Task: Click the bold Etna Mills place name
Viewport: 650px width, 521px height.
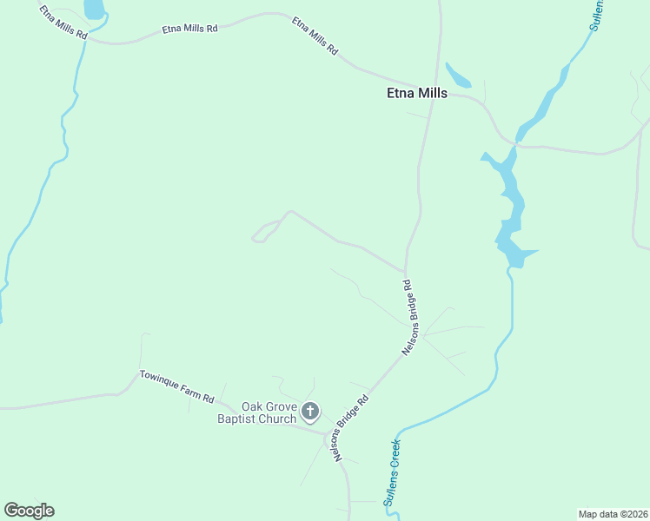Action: (x=416, y=94)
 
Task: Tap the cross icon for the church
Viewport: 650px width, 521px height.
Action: (x=311, y=411)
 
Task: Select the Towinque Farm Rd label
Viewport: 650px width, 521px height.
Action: (x=176, y=387)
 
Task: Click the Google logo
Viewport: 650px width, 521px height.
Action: (x=29, y=511)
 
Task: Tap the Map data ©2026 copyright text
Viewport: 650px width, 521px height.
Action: (x=613, y=514)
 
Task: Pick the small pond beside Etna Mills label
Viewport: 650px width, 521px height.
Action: (x=457, y=76)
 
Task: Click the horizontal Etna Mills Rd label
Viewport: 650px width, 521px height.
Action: (x=189, y=29)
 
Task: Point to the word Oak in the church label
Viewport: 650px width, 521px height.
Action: (x=252, y=406)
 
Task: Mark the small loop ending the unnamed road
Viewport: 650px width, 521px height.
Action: (x=258, y=235)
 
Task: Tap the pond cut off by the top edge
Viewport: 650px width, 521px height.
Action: (x=94, y=9)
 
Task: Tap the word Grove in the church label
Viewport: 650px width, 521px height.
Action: (x=280, y=406)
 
